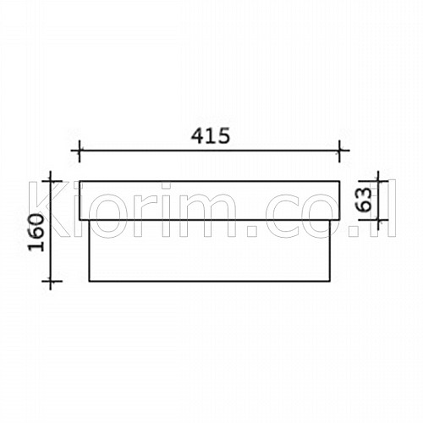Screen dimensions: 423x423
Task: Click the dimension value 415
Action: (211, 135)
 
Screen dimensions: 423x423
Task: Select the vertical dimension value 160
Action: (37, 233)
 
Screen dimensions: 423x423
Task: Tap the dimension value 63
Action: (364, 200)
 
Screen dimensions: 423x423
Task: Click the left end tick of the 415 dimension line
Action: (80, 151)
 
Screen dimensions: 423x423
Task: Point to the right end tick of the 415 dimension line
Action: (339, 151)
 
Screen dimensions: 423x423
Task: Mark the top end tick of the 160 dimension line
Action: (50, 181)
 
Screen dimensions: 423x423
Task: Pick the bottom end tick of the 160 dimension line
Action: (50, 281)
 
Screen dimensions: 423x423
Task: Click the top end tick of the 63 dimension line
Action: (378, 181)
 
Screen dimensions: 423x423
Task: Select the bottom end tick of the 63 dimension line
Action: (378, 219)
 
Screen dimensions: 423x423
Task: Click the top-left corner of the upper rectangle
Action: (80, 181)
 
